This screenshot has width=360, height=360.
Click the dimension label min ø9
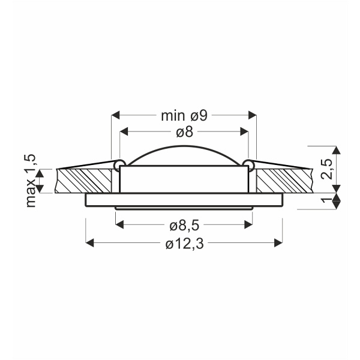[x=184, y=115]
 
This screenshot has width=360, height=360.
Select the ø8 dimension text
[x=185, y=132]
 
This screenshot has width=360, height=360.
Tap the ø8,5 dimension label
[x=184, y=226]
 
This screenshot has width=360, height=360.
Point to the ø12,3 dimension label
[x=184, y=244]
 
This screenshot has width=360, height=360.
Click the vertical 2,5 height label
[x=327, y=169]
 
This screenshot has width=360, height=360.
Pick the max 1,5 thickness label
[x=31, y=181]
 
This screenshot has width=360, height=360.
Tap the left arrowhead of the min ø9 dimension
[x=115, y=115]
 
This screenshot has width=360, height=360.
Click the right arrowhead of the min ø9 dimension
[x=252, y=115]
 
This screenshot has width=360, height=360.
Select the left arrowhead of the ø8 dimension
[x=124, y=131]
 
